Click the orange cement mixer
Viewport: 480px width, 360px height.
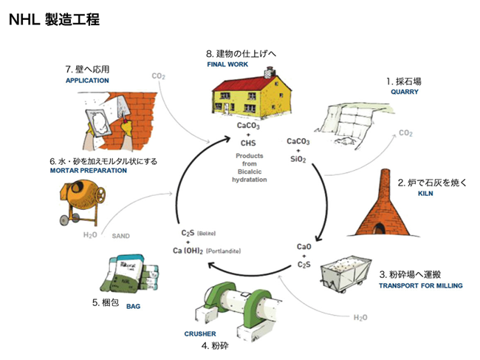[x=80, y=200]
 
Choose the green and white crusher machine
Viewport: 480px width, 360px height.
[x=233, y=305]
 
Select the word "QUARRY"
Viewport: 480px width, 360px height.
[x=405, y=92]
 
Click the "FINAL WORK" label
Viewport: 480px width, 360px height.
[x=227, y=64]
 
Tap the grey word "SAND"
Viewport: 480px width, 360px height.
[x=120, y=237]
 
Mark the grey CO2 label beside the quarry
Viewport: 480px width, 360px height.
[x=405, y=133]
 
